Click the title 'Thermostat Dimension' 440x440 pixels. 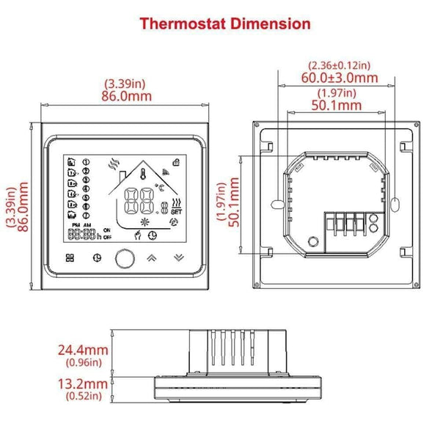(x=224, y=23)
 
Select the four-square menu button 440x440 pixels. (x=70, y=257)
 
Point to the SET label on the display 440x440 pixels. (x=176, y=213)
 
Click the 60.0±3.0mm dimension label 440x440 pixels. (x=340, y=77)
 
